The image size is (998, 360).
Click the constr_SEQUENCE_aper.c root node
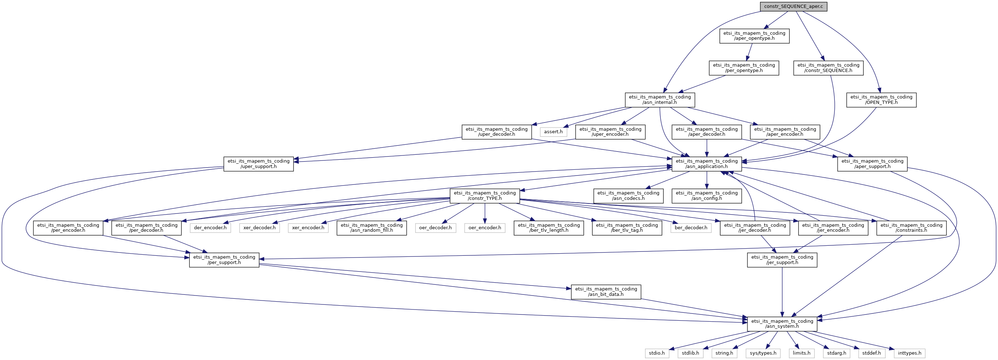(x=794, y=6)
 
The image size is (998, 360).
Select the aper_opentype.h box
(x=754, y=36)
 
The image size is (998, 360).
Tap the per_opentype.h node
(x=744, y=68)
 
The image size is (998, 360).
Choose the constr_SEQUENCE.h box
(x=828, y=68)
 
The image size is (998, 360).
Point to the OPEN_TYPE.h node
(x=881, y=100)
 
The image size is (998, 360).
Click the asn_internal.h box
(x=660, y=100)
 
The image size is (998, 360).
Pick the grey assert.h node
(x=553, y=132)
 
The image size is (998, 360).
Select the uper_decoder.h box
(x=497, y=132)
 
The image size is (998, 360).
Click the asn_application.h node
(x=707, y=164)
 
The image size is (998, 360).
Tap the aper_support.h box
(x=872, y=164)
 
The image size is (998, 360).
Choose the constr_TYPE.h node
(x=485, y=196)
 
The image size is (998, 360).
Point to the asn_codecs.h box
(x=628, y=196)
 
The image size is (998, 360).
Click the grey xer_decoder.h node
(x=260, y=228)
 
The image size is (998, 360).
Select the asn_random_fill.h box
(x=372, y=228)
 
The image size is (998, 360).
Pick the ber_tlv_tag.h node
(x=627, y=228)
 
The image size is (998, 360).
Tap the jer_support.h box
(x=782, y=260)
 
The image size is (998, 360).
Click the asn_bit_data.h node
(x=606, y=292)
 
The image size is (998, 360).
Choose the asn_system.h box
(x=782, y=324)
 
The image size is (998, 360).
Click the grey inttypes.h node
(x=910, y=354)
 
